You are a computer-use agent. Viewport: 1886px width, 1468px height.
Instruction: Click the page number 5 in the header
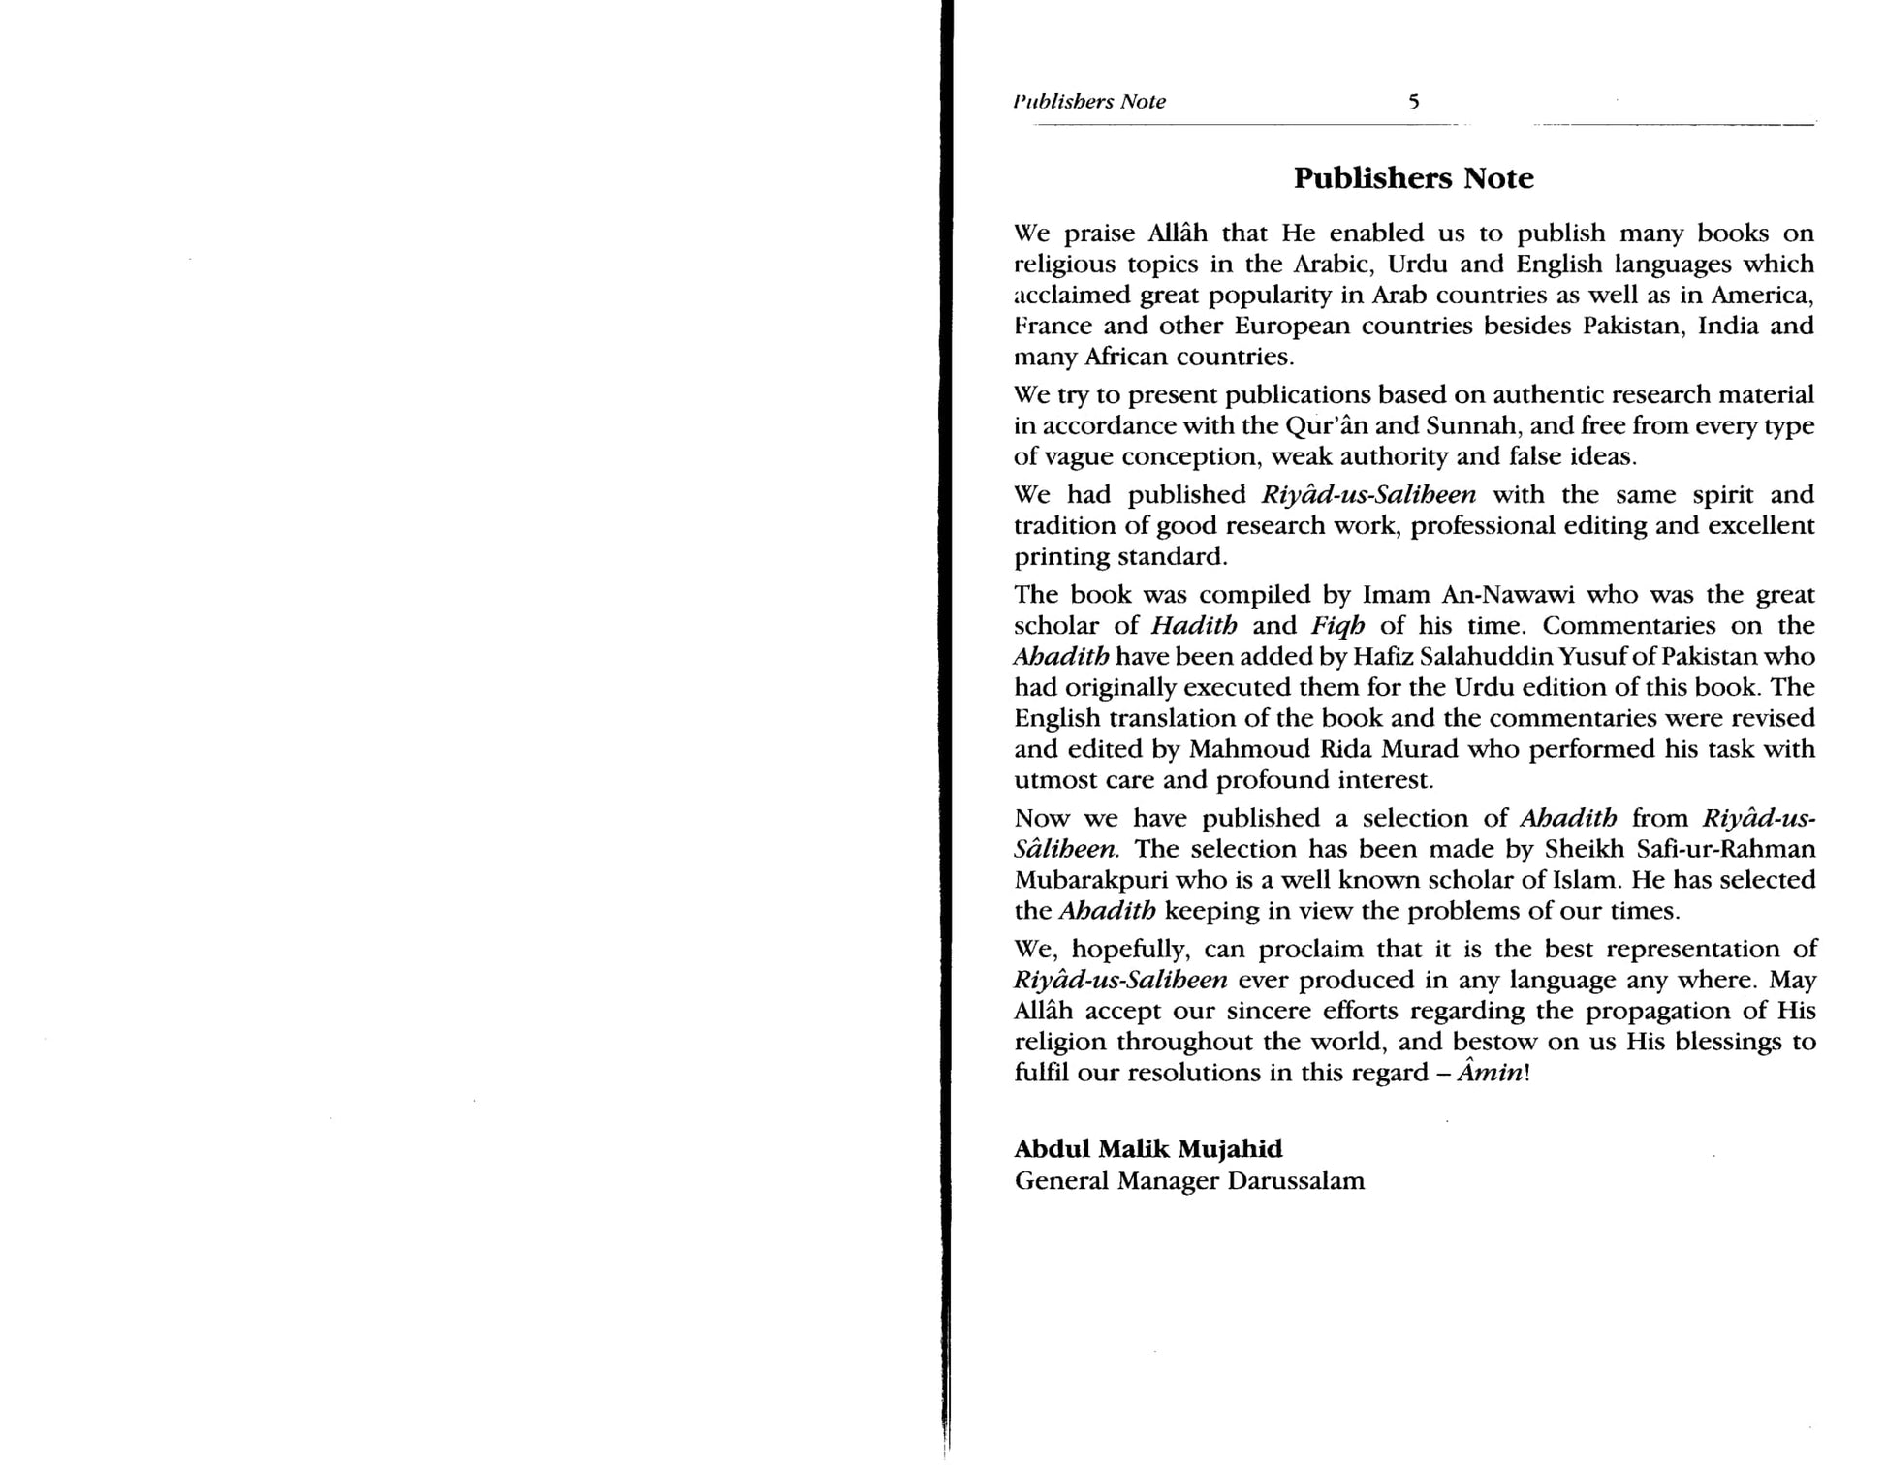pos(1414,102)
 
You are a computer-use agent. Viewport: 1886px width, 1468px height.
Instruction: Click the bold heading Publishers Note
pos(1414,178)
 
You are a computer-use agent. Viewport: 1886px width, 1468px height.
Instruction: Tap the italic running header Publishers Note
pos(1089,102)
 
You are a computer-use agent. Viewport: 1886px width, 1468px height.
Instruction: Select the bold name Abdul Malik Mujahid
pos(1148,1149)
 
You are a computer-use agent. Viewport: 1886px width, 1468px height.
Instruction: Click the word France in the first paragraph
pos(1053,326)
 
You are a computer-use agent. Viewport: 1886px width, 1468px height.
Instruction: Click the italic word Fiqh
pos(1338,626)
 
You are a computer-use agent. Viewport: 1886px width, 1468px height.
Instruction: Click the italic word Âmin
pos(1495,1074)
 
